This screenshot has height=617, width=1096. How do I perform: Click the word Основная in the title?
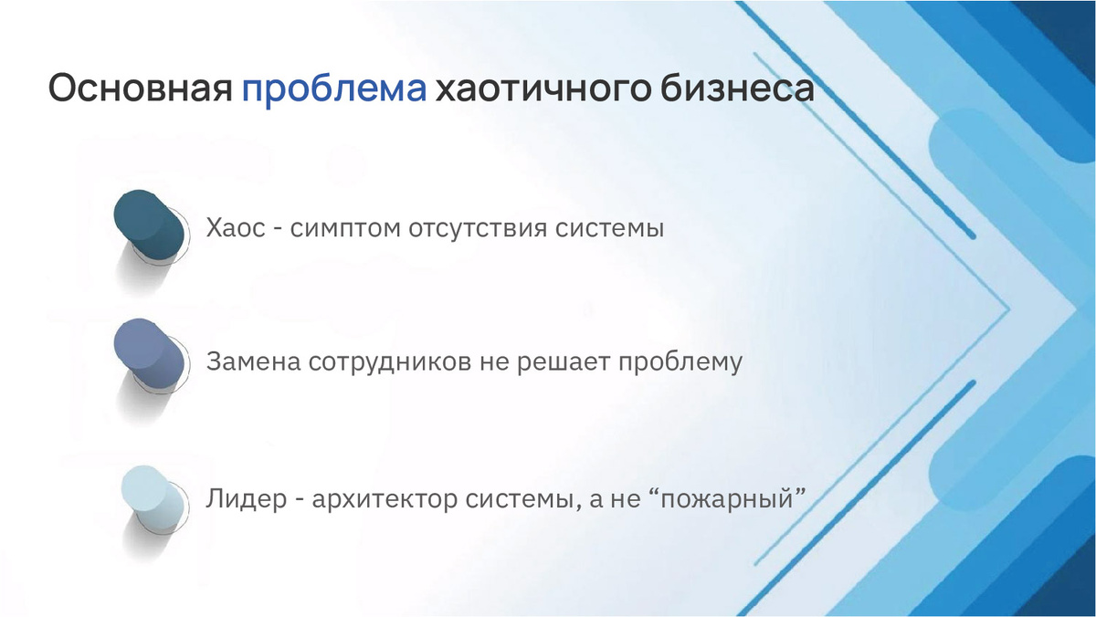pos(141,88)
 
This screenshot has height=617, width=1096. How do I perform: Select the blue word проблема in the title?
pos(334,90)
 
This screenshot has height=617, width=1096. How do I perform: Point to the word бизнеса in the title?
pos(737,88)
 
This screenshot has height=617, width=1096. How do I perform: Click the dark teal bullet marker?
pos(149,225)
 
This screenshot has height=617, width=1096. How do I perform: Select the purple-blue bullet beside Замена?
pos(149,354)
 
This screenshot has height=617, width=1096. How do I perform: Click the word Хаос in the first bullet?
pos(236,228)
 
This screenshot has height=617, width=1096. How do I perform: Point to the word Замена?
pos(254,362)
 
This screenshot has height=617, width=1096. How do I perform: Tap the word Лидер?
pos(246,499)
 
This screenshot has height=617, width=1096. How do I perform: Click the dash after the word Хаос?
pos(278,230)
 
